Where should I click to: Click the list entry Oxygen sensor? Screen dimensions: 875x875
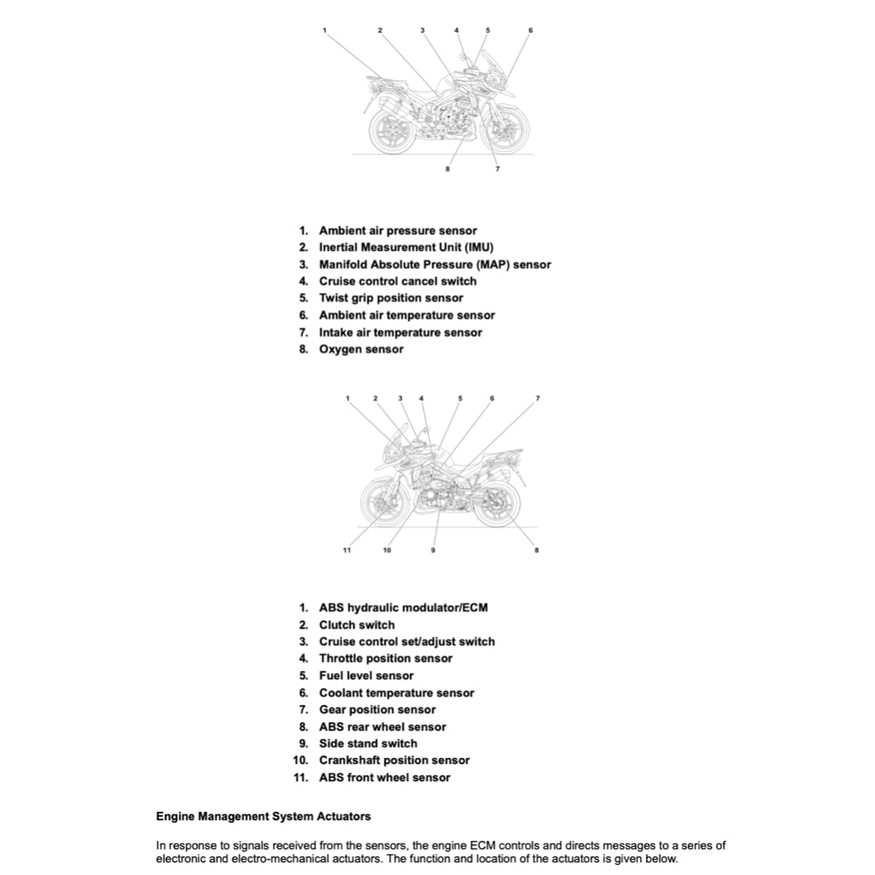(361, 349)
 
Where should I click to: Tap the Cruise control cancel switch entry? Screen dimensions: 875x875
(397, 281)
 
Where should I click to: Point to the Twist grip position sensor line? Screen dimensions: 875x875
(391, 298)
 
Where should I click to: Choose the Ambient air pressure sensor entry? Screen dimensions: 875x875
(397, 231)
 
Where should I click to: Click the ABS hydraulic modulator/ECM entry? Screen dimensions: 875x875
(403, 608)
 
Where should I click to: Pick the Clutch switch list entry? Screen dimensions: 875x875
(356, 625)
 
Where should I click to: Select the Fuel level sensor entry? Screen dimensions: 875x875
(366, 675)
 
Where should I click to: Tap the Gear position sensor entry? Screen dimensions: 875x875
(377, 709)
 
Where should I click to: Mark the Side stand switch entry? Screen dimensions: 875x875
(367, 743)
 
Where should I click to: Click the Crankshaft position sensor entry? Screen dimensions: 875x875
(394, 760)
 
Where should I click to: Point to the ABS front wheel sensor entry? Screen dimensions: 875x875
(384, 777)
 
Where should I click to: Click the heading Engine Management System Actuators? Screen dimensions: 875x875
(263, 817)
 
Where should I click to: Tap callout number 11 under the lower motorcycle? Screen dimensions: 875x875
(347, 550)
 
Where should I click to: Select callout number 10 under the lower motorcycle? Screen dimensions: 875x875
(387, 550)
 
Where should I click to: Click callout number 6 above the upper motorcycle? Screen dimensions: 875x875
(530, 31)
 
